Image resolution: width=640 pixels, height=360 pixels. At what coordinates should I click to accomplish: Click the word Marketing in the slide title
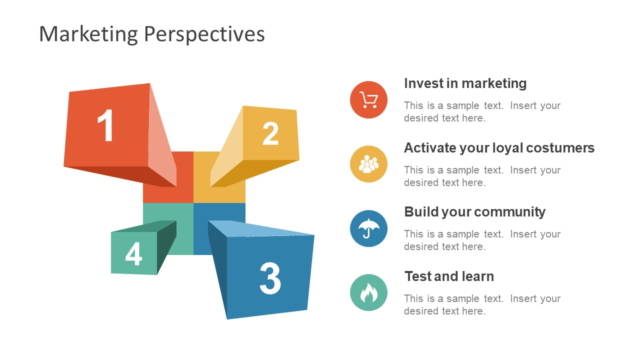pos(88,34)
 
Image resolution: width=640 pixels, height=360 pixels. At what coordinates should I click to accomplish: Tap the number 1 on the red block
pos(106,126)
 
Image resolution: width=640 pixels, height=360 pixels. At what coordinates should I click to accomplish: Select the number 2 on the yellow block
pos(270,133)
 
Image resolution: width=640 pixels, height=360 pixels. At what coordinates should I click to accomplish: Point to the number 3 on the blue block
pos(270,278)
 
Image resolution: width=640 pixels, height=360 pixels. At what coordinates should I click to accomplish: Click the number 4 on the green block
pos(133,254)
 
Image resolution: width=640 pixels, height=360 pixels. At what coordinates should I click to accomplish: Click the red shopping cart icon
pos(368,100)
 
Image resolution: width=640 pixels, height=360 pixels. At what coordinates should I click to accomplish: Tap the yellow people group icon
pos(368,164)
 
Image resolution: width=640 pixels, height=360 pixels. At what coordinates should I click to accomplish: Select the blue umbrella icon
pos(368,228)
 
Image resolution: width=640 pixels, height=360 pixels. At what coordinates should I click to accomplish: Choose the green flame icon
pos(368,292)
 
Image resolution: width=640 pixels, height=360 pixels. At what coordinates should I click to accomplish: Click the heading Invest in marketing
pos(465,83)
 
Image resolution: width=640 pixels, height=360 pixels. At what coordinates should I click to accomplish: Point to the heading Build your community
pos(474,212)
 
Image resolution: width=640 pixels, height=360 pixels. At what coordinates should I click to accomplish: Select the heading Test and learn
pos(448,276)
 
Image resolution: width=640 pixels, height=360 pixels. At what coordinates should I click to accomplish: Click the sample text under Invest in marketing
pos(482,112)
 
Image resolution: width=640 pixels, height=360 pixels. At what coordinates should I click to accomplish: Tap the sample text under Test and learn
pos(482,305)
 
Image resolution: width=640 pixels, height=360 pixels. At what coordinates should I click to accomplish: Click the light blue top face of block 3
pos(260,228)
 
